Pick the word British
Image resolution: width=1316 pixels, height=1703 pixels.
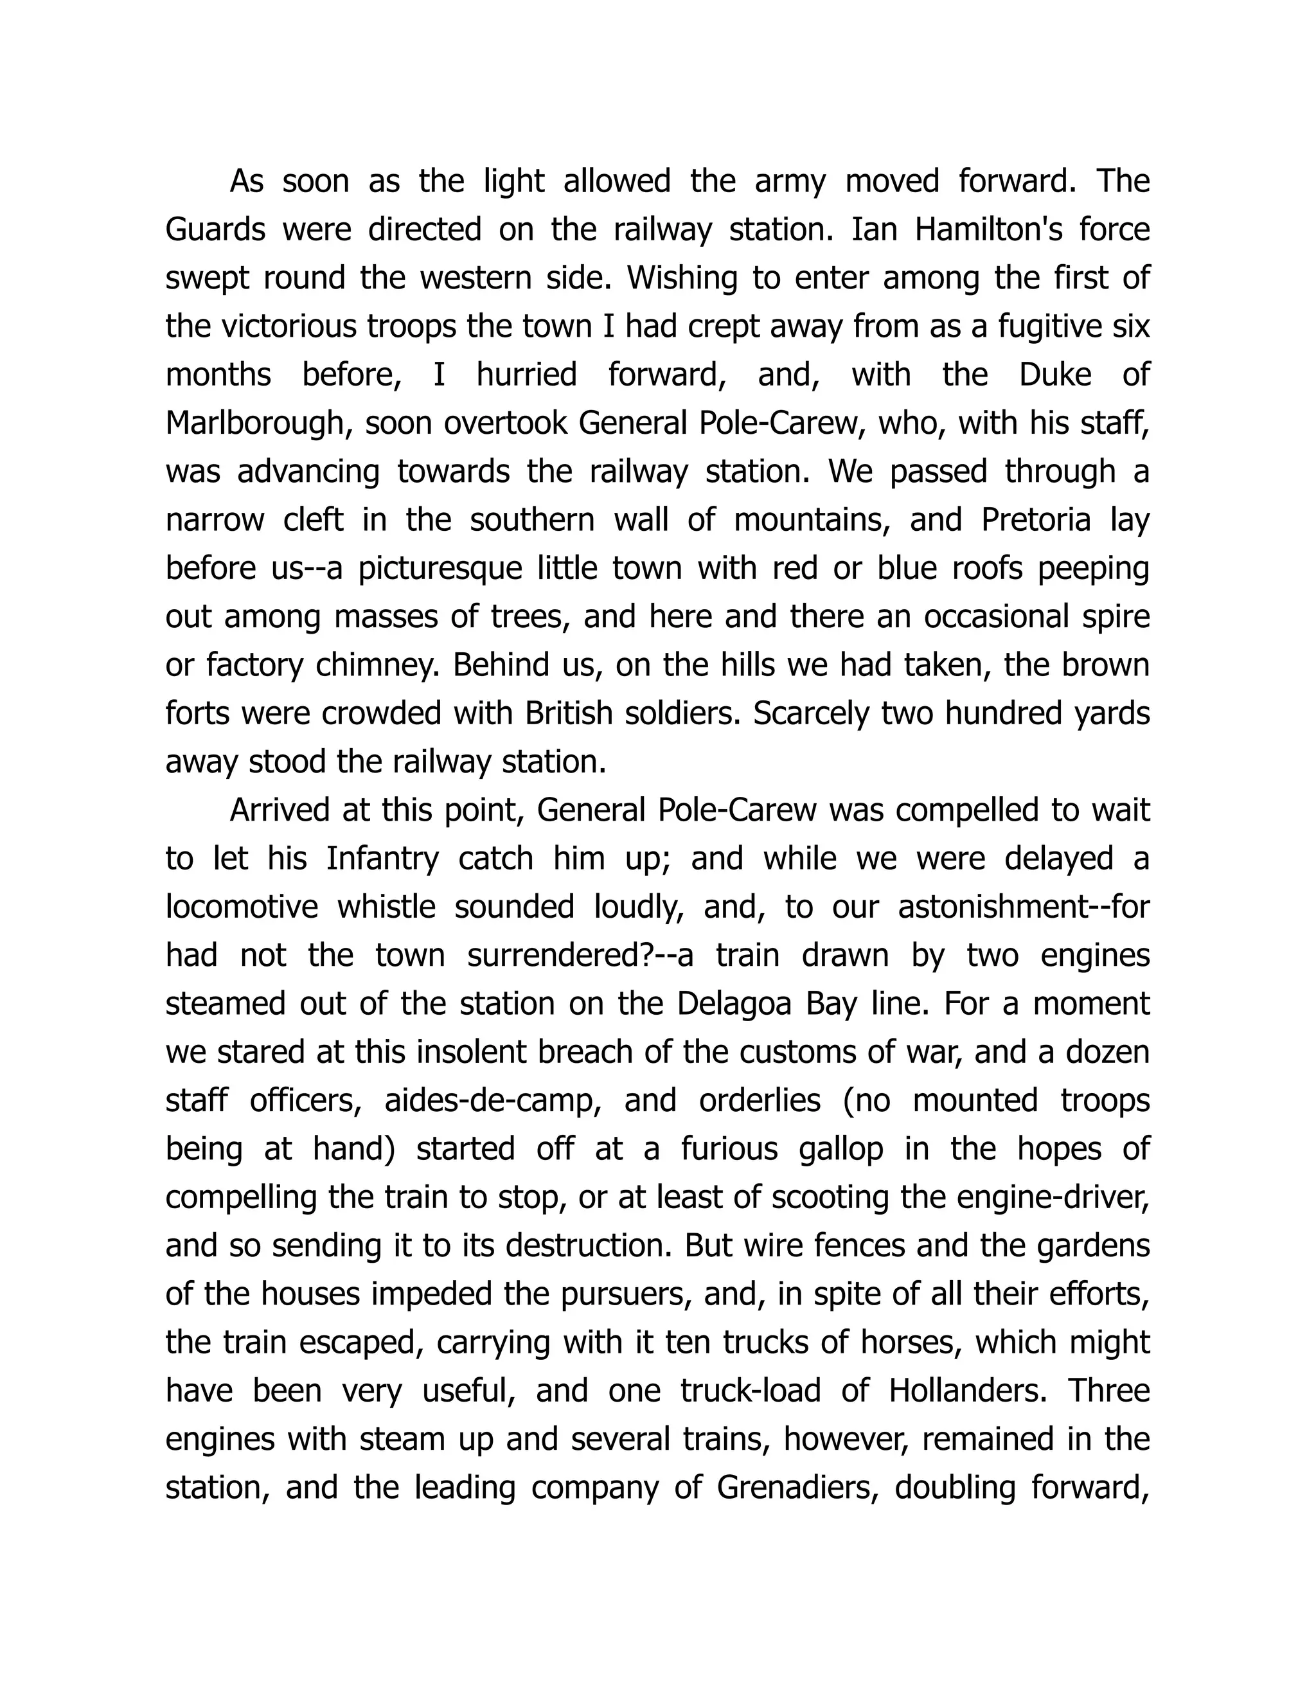[x=570, y=713]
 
